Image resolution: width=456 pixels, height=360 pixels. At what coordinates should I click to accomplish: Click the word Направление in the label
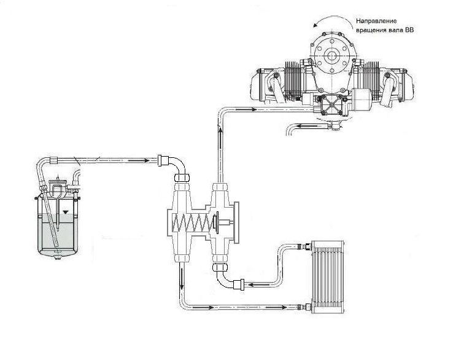[376, 21]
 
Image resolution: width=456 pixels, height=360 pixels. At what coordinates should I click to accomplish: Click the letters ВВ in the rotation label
[409, 30]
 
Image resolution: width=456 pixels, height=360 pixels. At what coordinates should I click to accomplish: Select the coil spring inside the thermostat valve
[190, 223]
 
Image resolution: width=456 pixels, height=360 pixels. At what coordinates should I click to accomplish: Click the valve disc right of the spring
[216, 222]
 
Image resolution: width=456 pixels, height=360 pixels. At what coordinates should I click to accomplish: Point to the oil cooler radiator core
[328, 277]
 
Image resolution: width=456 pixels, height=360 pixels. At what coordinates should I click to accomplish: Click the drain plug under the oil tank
[58, 257]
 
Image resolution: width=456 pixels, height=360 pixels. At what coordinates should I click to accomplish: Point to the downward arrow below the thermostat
[182, 278]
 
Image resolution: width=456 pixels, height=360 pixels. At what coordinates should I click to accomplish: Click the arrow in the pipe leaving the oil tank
[138, 160]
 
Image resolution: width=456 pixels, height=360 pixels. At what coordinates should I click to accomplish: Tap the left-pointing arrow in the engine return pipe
[306, 127]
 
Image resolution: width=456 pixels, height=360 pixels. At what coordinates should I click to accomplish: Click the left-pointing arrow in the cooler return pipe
[258, 284]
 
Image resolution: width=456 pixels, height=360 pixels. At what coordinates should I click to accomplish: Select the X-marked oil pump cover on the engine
[331, 104]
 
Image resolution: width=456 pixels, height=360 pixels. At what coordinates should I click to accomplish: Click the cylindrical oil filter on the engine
[361, 100]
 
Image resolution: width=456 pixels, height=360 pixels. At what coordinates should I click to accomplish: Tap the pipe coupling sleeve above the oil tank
[54, 160]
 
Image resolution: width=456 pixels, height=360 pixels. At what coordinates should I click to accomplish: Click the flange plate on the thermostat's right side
[236, 222]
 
